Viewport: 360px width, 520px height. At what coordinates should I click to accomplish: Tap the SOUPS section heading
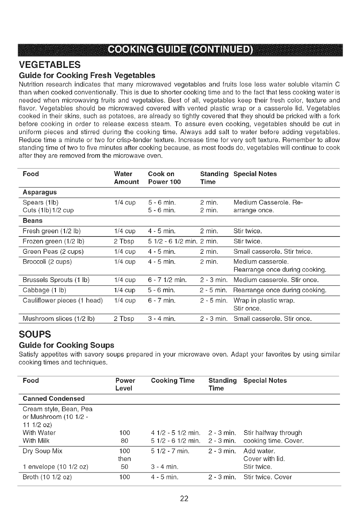click(34, 334)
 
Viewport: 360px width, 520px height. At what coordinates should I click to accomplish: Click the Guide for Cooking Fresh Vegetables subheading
click(82, 75)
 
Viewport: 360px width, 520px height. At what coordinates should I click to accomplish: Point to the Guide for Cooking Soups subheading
click(66, 345)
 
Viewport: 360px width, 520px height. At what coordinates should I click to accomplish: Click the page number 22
click(184, 499)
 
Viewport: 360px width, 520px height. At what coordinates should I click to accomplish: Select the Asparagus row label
click(40, 192)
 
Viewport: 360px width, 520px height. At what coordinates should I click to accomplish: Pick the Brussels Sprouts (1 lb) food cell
click(56, 280)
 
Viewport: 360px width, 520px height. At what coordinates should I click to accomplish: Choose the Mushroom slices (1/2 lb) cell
click(58, 319)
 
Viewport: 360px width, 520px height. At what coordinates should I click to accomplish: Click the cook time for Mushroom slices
click(162, 319)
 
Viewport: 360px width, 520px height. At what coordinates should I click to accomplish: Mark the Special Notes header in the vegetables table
click(255, 174)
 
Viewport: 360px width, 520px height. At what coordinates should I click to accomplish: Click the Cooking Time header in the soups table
click(172, 380)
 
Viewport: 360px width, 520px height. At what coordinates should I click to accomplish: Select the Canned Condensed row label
click(54, 399)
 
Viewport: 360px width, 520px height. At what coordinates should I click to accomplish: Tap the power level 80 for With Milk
click(124, 441)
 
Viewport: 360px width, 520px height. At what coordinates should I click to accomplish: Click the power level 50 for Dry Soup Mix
click(124, 467)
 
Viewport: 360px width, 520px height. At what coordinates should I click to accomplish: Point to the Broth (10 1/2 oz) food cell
click(47, 477)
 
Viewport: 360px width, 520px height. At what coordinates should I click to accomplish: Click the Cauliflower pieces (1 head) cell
click(62, 301)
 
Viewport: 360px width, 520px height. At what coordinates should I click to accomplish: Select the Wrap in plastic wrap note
click(264, 301)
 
